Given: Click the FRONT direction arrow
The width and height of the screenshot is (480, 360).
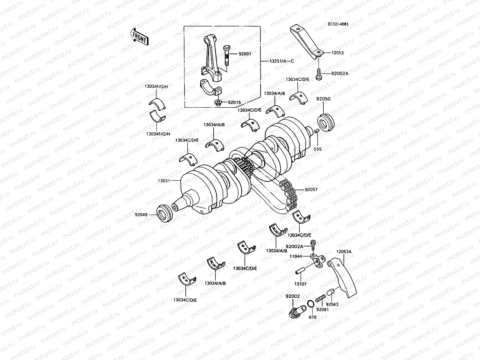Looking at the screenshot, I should (139, 37).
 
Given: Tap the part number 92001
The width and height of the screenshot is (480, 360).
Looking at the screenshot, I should (245, 54).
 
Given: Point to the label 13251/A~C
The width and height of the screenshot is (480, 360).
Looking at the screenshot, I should (277, 61).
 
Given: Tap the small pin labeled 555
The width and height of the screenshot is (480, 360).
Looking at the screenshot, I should (316, 131).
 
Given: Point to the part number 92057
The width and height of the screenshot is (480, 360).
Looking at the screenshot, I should (311, 190).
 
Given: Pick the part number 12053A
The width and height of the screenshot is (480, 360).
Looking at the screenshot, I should (344, 252).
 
